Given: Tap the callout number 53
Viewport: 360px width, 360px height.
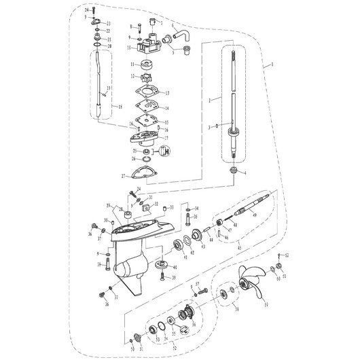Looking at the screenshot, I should click(266, 306).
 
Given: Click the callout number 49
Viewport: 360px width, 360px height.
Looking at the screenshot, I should click(255, 215).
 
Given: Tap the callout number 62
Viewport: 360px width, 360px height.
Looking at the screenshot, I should click(287, 255).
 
